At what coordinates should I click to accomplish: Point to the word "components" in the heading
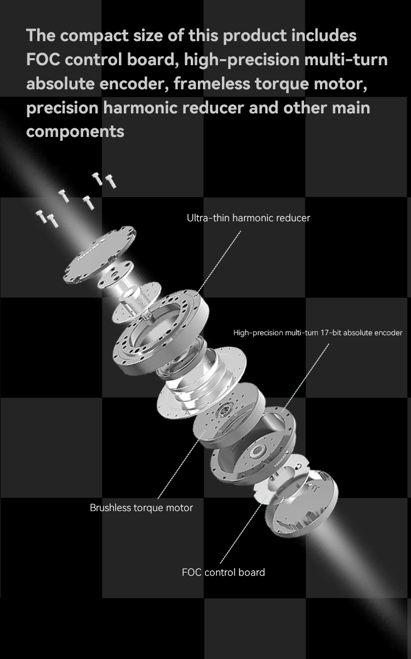point(75,132)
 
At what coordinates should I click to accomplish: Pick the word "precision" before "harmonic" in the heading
point(62,108)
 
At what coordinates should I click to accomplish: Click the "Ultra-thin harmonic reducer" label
point(248,218)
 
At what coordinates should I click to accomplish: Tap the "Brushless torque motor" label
point(141,508)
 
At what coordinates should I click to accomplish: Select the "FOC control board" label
point(223,572)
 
